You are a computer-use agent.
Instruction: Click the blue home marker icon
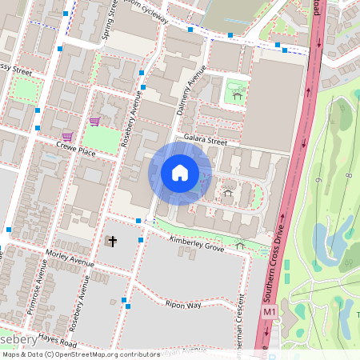click(180, 173)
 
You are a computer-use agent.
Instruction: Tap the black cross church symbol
click(112, 242)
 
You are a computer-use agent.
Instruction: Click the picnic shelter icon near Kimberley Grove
click(240, 245)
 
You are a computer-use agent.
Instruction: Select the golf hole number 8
click(350, 175)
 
